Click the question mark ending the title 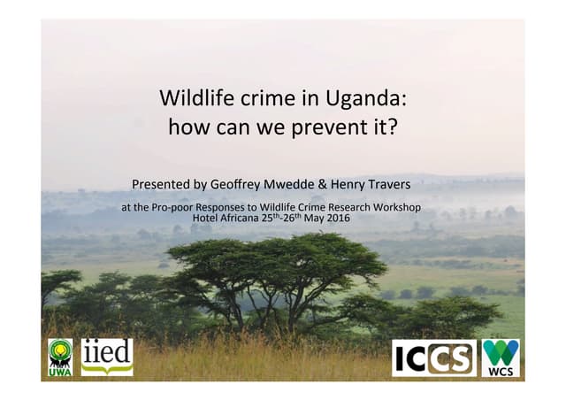coord(393,127)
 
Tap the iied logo coord(107,356)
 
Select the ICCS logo coord(433,358)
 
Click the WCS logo coord(501,358)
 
